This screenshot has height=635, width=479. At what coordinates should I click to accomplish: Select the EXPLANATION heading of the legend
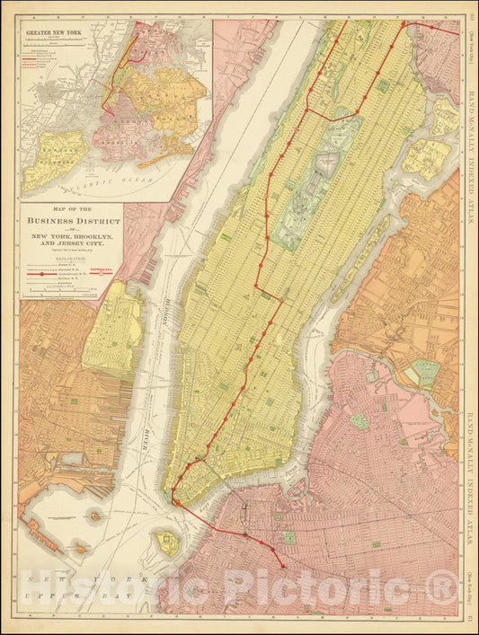pyautogui.click(x=72, y=256)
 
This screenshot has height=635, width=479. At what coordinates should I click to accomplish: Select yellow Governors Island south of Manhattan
pyautogui.click(x=166, y=541)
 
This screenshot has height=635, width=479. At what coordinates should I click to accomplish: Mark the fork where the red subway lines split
pyautogui.click(x=307, y=111)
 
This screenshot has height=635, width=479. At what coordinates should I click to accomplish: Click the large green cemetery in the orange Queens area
pyautogui.click(x=425, y=370)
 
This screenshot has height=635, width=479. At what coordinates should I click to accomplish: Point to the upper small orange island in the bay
pyautogui.click(x=94, y=516)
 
